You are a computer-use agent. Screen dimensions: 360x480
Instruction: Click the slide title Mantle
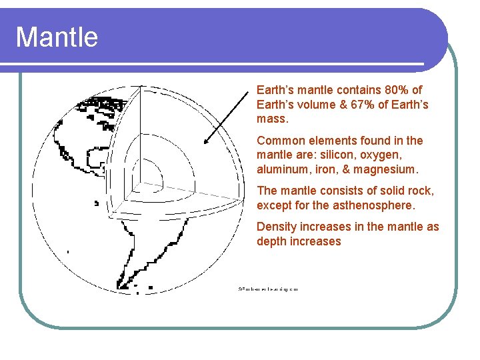pos(57,37)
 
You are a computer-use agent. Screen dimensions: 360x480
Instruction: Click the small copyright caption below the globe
pos(267,289)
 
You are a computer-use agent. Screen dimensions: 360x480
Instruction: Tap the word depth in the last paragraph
pos(272,241)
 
